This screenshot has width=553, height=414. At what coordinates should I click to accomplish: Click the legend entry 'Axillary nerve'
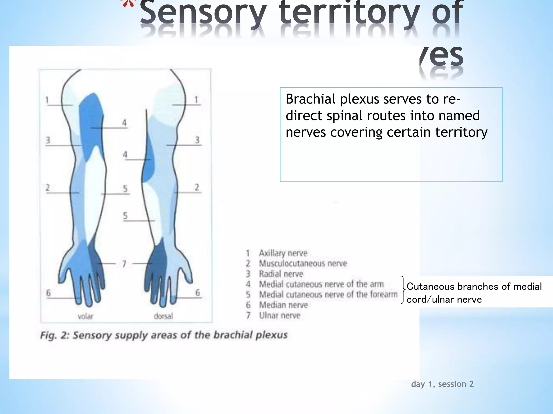(x=283, y=253)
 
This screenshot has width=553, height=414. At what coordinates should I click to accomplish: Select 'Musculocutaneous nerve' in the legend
(x=303, y=263)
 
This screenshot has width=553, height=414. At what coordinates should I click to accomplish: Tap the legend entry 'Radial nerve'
(x=281, y=274)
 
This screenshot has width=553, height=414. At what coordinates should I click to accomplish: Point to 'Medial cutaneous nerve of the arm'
(x=321, y=284)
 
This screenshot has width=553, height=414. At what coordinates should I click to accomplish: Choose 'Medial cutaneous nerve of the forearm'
(x=328, y=295)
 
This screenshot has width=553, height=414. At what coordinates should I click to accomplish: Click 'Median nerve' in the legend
(x=283, y=305)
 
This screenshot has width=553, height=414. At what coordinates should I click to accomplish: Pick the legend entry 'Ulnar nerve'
(x=279, y=315)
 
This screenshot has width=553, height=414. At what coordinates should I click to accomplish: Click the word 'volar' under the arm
(x=85, y=316)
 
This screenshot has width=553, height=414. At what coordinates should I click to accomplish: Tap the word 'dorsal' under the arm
(x=163, y=316)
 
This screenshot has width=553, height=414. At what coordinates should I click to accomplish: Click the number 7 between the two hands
(x=124, y=264)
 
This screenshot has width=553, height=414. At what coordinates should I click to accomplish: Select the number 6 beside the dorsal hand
(x=198, y=292)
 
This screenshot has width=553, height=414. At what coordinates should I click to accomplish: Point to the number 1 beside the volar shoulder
(x=47, y=100)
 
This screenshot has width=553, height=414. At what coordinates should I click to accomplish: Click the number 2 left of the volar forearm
(x=48, y=187)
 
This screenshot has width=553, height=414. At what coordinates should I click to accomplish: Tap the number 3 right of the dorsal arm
(x=197, y=140)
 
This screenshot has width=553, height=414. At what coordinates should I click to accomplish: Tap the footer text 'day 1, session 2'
(x=442, y=384)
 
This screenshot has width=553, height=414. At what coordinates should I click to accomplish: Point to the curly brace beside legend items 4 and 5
(x=403, y=290)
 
